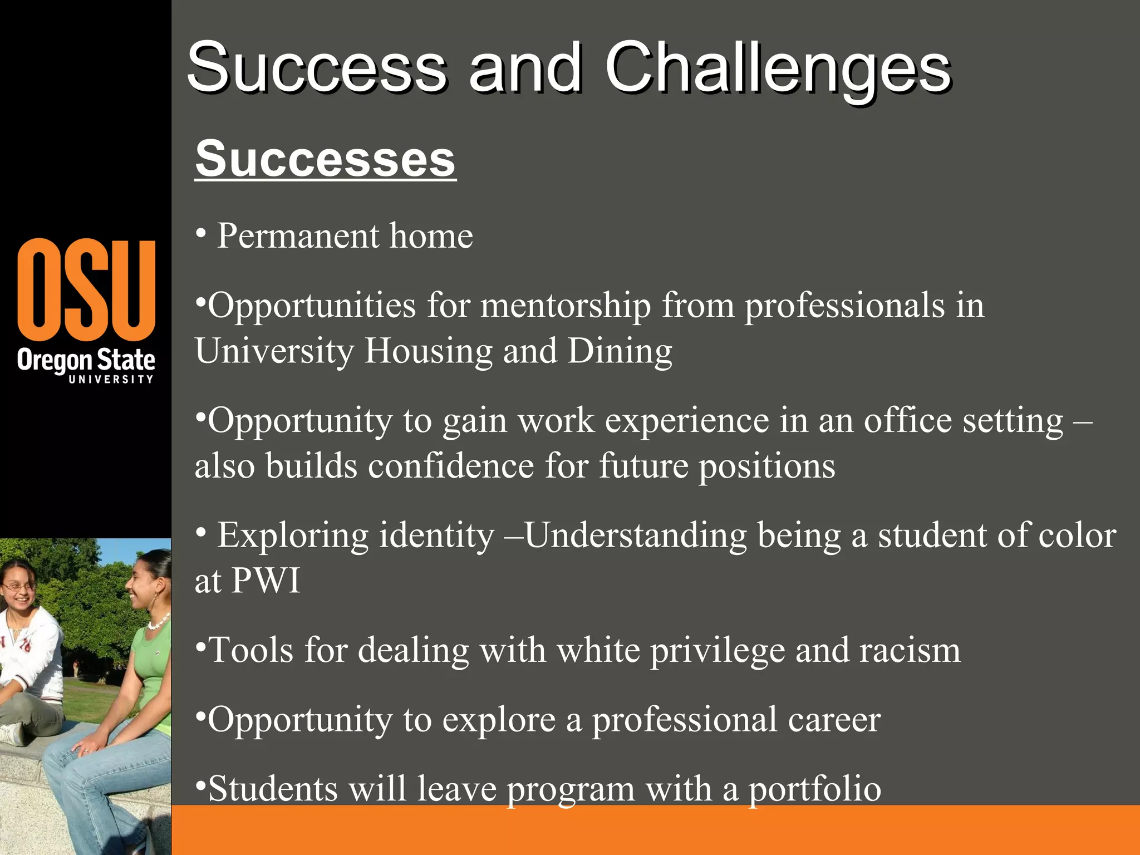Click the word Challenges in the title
pos(778,70)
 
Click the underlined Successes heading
pos(325,160)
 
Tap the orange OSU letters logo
pos(86,289)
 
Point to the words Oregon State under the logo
pos(86,360)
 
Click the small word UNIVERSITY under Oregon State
pos(111,379)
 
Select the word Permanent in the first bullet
pos(298,236)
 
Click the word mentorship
pos(566,306)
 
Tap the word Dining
pos(620,352)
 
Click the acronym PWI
pos(266,581)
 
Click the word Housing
pos(429,352)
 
